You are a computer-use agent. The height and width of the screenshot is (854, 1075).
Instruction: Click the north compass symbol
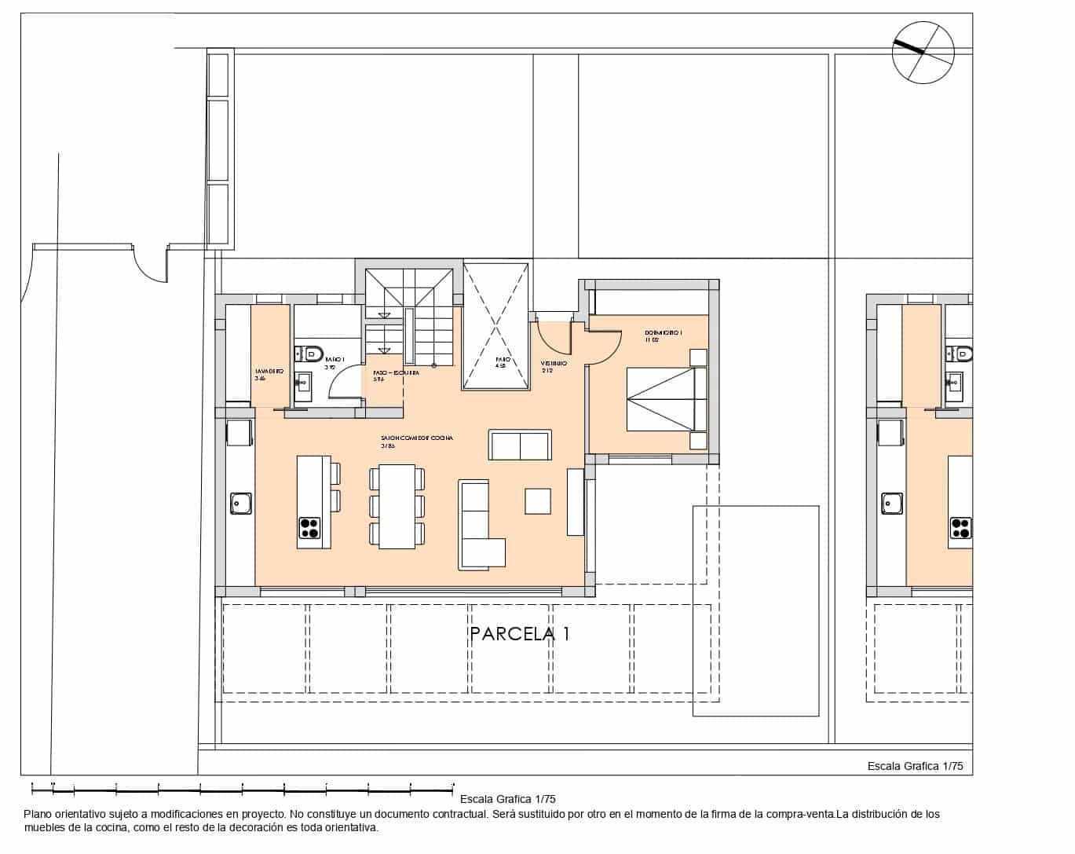pos(923,53)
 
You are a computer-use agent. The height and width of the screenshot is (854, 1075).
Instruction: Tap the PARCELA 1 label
pos(519,634)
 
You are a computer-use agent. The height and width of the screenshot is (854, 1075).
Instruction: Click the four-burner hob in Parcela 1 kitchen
pos(309,528)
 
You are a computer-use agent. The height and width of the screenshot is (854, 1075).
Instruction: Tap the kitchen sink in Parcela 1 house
pos(240,503)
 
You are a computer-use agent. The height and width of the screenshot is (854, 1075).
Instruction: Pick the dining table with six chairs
pos(397,507)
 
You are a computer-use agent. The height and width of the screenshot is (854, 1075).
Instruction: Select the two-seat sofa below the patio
pos(520,445)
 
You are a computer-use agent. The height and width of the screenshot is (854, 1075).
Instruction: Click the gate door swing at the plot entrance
pos(149,265)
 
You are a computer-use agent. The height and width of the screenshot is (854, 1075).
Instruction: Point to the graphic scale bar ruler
pos(242,786)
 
